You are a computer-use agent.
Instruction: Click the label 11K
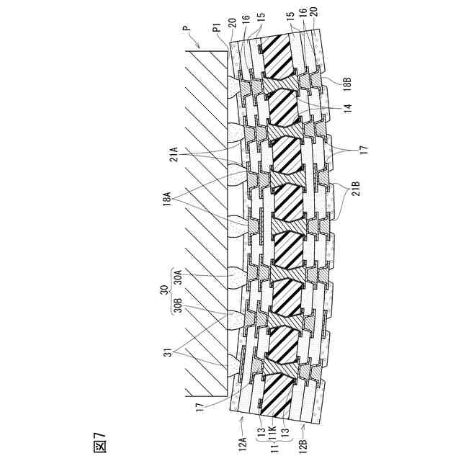(274, 437)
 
